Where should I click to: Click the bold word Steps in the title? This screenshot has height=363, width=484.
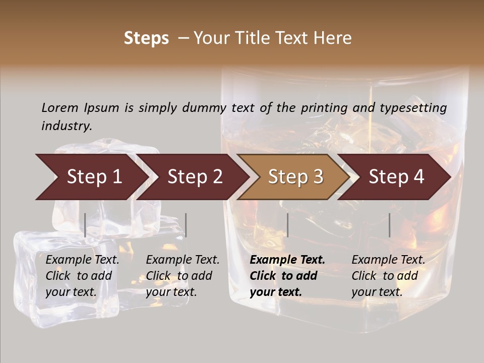[x=146, y=38]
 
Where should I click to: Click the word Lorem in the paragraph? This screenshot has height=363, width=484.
[x=60, y=107]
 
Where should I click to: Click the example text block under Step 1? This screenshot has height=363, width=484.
[x=82, y=276]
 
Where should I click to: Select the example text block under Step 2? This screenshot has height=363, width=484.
[x=183, y=276]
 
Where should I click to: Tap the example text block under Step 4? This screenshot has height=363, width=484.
[x=388, y=276]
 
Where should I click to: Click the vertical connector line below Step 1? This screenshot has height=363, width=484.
[x=85, y=225]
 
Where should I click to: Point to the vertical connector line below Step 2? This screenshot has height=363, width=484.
[x=186, y=225]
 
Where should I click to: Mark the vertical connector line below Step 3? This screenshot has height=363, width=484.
[x=287, y=225]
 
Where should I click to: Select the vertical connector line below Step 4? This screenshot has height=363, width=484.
[x=389, y=225]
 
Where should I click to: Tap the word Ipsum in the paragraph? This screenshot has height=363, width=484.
[x=102, y=108]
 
